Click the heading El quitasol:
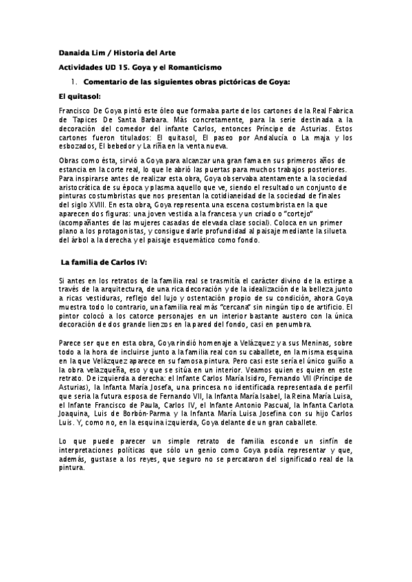pyautogui.click(x=80, y=97)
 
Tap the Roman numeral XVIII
pyautogui.click(x=98, y=203)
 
